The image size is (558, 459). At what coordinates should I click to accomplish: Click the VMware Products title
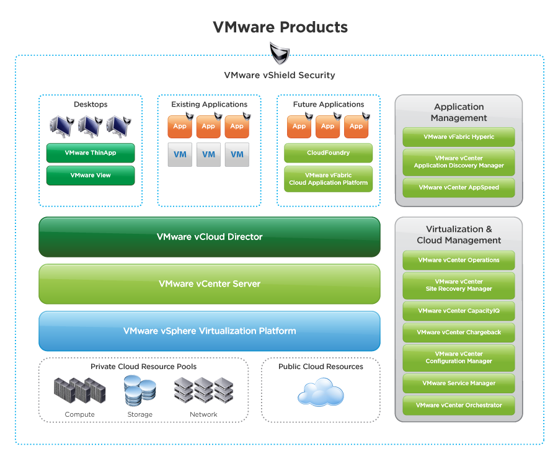click(280, 27)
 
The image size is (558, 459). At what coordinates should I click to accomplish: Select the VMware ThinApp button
click(91, 153)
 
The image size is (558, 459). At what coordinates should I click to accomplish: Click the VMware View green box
click(91, 175)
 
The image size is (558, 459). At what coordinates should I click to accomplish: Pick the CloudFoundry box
click(328, 153)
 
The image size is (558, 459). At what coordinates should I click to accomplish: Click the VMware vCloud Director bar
click(210, 237)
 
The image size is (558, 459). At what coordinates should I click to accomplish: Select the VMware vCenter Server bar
click(210, 284)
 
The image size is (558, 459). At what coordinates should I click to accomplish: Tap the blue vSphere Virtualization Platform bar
click(210, 331)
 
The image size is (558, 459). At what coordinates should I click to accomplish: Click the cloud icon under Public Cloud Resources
click(321, 393)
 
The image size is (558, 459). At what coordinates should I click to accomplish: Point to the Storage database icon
click(139, 391)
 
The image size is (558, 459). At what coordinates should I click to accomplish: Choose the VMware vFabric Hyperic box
click(459, 137)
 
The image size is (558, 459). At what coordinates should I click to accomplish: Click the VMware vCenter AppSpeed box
click(459, 187)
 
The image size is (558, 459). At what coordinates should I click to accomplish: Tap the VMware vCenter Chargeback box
click(459, 332)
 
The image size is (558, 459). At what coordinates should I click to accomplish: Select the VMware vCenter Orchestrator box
click(459, 406)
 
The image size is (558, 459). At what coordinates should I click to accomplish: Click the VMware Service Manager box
click(459, 383)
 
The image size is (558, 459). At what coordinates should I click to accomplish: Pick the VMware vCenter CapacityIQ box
click(459, 311)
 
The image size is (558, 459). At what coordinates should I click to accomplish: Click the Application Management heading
click(459, 112)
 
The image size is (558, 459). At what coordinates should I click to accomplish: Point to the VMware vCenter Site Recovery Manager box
click(459, 285)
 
